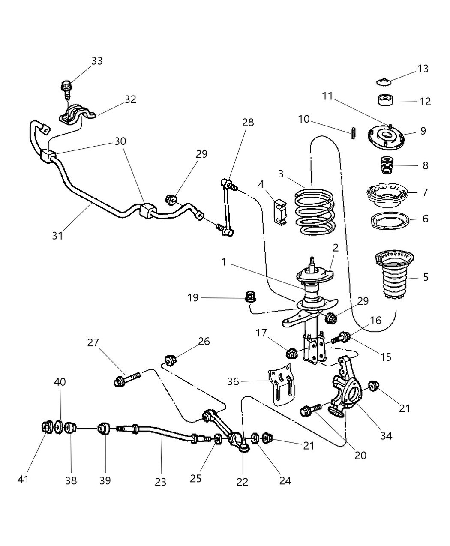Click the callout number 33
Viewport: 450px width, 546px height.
tap(97, 61)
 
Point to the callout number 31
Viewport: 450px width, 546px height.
tap(57, 235)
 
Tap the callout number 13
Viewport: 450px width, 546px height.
tap(423, 69)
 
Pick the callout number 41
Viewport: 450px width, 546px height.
tap(23, 479)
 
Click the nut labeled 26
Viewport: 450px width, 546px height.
tap(170, 360)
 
